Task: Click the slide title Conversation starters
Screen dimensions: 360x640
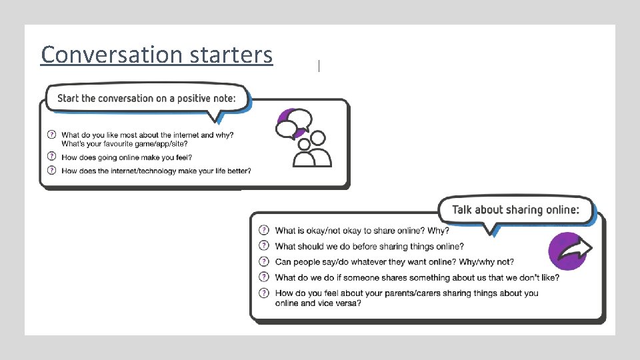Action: click(x=157, y=55)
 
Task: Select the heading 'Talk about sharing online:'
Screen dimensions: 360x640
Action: click(x=515, y=209)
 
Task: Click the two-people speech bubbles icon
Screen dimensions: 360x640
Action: click(x=303, y=137)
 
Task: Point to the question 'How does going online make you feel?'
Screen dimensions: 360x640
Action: click(x=127, y=157)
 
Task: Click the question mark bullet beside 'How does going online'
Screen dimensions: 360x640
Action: click(x=52, y=157)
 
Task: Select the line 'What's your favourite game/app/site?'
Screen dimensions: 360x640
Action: click(x=125, y=143)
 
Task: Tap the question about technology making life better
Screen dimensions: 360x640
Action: click(x=156, y=171)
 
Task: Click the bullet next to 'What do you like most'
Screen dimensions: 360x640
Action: click(x=52, y=135)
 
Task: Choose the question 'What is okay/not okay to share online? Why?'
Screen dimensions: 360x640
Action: click(x=362, y=231)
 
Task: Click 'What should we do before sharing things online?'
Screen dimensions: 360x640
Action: click(x=369, y=246)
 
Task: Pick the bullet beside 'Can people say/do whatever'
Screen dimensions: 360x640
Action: click(x=264, y=261)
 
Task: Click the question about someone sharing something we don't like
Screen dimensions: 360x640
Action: click(x=417, y=277)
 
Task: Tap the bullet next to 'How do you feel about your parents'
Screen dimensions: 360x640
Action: click(x=264, y=293)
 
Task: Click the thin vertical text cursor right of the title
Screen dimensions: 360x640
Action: click(x=319, y=65)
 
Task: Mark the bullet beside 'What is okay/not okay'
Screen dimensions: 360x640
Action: click(x=264, y=231)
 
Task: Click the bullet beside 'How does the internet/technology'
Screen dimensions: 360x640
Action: click(x=52, y=171)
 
